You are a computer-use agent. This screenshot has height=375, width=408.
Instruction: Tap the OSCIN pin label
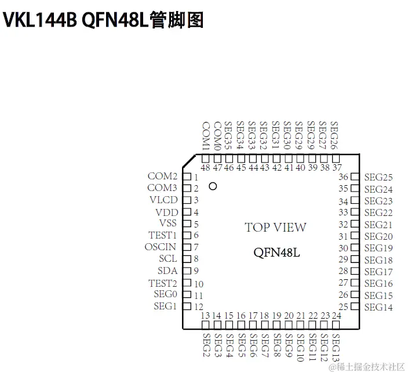click(161, 247)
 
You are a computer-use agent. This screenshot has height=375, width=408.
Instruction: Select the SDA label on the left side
click(167, 271)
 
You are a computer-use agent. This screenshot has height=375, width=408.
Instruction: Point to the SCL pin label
click(167, 259)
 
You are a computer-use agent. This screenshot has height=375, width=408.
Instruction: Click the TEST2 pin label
click(162, 283)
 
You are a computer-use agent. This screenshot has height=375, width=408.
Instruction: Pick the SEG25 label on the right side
click(378, 178)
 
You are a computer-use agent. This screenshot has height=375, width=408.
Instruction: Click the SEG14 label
click(378, 307)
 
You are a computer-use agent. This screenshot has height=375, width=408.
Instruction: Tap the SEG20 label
click(378, 236)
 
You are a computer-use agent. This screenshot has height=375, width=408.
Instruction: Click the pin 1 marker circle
click(213, 186)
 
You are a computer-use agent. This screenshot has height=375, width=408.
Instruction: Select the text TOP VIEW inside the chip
click(275, 228)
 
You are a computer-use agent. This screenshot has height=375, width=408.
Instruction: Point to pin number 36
click(343, 177)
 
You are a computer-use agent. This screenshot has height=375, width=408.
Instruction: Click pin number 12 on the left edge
click(198, 307)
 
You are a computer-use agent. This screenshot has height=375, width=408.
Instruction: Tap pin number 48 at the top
click(205, 168)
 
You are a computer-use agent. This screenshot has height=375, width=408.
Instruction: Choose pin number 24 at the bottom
click(336, 316)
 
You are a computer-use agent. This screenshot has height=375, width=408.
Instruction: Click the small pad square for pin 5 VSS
click(187, 224)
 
